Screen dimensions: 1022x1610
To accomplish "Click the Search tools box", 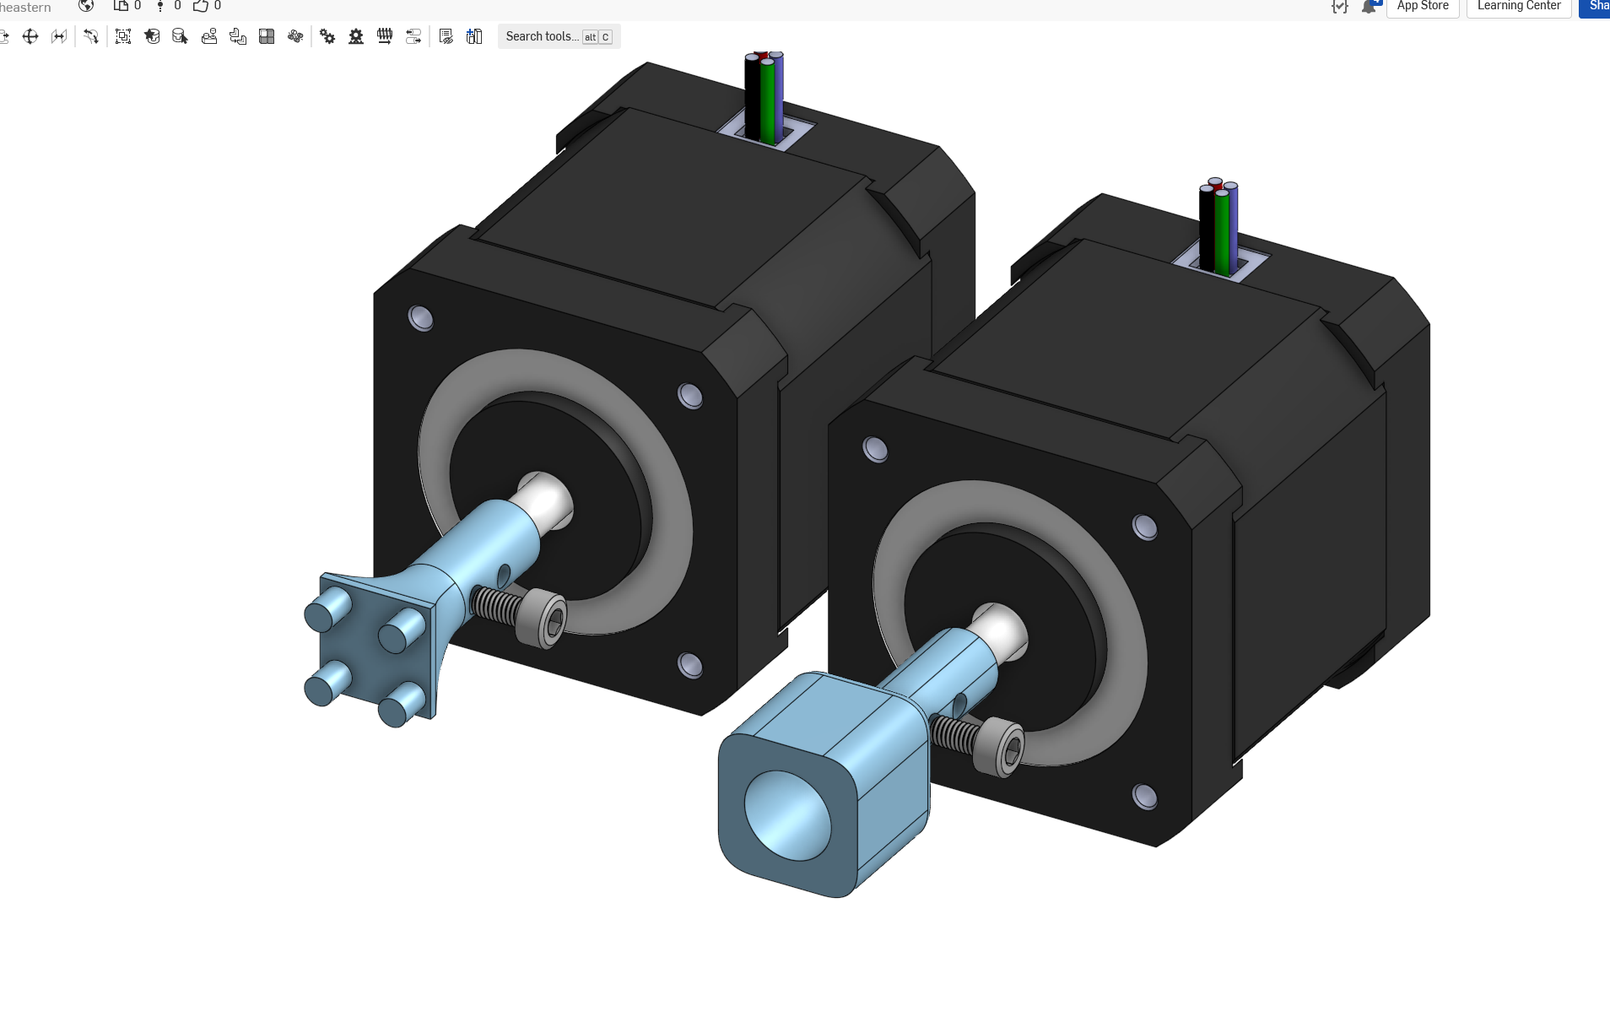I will point(542,36).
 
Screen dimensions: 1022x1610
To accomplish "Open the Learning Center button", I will point(1518,6).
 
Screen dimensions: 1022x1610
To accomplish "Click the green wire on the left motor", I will point(767,101).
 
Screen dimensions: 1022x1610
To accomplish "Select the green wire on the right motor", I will point(1222,232).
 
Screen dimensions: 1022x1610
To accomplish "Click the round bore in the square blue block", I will point(786,815).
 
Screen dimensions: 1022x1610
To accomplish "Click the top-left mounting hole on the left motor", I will point(420,318).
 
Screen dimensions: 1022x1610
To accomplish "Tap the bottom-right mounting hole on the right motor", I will point(1144,796).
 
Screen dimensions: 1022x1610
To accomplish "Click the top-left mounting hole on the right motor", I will point(875,449).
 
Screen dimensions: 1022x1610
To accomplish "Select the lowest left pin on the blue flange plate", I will point(325,684).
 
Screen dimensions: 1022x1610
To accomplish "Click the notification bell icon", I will point(1368,7).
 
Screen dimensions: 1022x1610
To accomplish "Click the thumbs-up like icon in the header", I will point(200,6).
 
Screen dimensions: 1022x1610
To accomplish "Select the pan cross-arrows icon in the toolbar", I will point(30,36).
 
